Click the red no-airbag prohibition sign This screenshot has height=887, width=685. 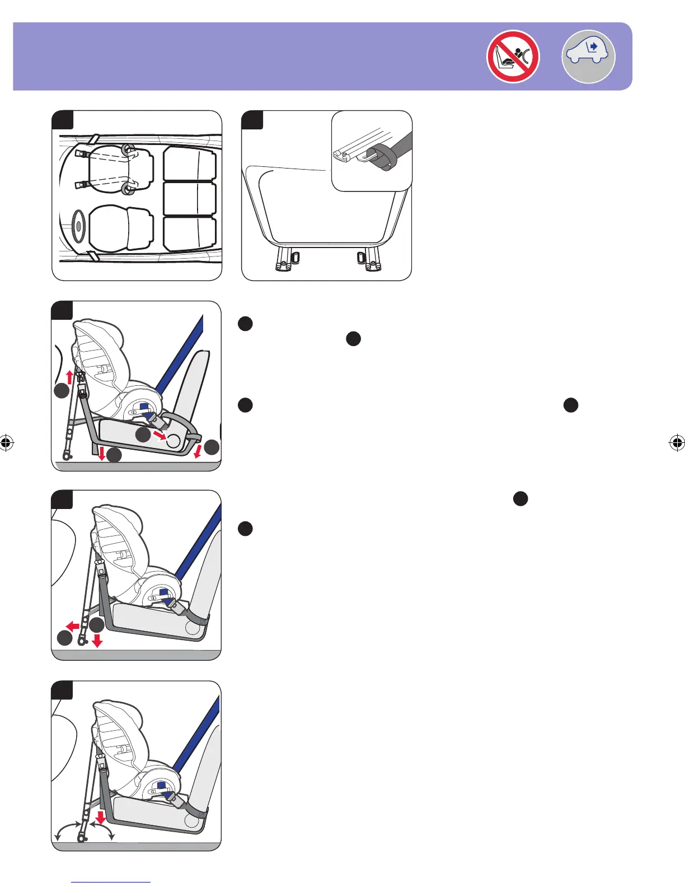point(513,57)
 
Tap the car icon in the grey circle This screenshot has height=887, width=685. point(588,57)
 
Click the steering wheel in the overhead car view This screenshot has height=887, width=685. point(78,226)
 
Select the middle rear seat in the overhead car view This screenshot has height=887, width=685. point(190,198)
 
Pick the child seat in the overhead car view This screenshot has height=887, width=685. point(120,166)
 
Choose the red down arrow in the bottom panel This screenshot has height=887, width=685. point(101,819)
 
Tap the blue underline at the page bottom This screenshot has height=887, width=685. point(111,882)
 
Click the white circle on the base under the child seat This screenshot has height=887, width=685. point(173,441)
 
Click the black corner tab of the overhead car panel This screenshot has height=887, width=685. point(62,120)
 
